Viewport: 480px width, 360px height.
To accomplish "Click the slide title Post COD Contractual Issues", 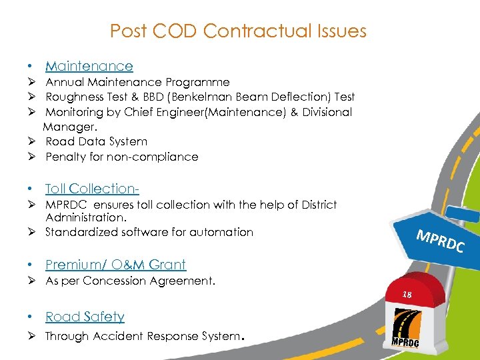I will pyautogui.click(x=238, y=31).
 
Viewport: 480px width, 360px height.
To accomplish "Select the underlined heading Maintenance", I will pyautogui.click(x=89, y=66).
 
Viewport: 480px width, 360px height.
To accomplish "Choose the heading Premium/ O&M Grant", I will pyautogui.click(x=115, y=265).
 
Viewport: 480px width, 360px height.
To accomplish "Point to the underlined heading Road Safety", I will pyautogui.click(x=85, y=317).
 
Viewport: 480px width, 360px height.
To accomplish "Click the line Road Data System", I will pyautogui.click(x=96, y=141).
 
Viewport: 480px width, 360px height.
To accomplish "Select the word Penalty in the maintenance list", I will pyautogui.click(x=65, y=157).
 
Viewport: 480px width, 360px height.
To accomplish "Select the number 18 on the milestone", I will pyautogui.click(x=408, y=293).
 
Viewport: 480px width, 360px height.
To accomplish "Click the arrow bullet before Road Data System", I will pyautogui.click(x=31, y=141).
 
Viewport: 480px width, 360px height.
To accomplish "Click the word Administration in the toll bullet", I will pyautogui.click(x=86, y=217).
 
